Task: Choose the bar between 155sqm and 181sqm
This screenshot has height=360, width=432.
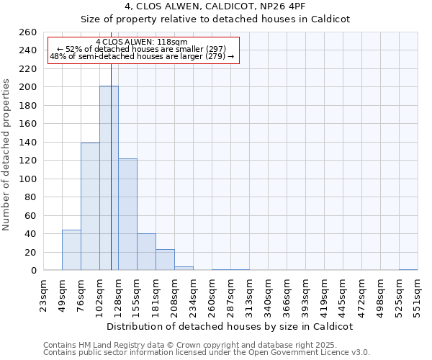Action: click(x=146, y=252)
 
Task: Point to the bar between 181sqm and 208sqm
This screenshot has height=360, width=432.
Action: click(x=165, y=260)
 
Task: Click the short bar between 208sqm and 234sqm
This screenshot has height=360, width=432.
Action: click(x=184, y=269)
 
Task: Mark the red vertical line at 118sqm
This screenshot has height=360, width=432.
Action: click(x=112, y=180)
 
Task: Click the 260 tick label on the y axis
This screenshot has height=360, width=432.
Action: click(x=28, y=32)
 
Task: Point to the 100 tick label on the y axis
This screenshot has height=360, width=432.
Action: click(x=28, y=179)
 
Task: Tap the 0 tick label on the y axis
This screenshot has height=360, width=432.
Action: click(x=33, y=271)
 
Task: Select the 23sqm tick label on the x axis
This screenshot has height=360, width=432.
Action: click(x=44, y=294)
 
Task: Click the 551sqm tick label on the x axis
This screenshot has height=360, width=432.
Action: click(x=418, y=294)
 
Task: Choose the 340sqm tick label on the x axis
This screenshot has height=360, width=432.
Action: click(x=269, y=294)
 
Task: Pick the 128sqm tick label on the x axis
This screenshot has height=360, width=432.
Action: click(x=119, y=294)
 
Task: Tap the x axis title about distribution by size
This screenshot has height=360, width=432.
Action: click(x=230, y=326)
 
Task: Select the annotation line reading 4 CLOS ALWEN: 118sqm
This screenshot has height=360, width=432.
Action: click(x=141, y=42)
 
